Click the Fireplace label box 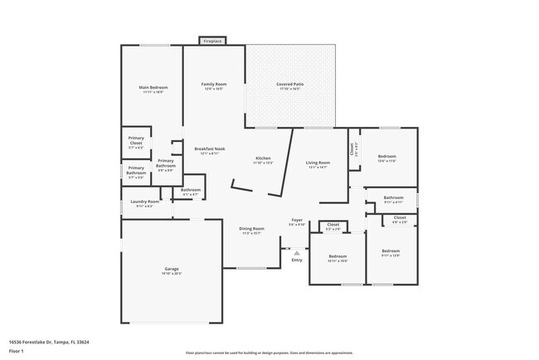click(212, 40)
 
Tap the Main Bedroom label click(153, 87)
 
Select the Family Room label click(214, 85)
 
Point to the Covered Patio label click(290, 85)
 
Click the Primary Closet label click(136, 142)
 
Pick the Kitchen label click(263, 158)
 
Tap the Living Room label click(318, 163)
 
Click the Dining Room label click(251, 228)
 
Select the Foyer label click(296, 220)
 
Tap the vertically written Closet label click(352, 149)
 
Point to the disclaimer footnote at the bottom click(269, 352)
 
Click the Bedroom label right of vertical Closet click(387, 157)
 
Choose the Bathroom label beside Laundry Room click(191, 190)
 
